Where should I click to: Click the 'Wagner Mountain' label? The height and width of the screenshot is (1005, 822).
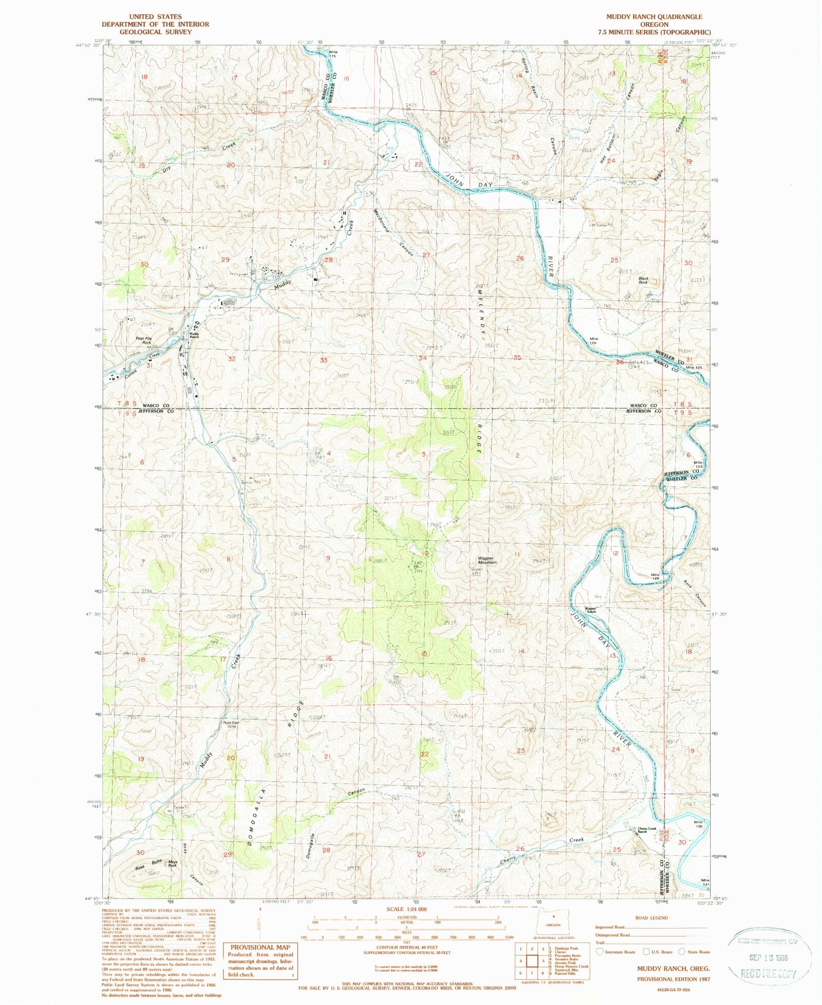coord(487,560)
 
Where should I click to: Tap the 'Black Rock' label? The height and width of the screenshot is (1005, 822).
coord(643,281)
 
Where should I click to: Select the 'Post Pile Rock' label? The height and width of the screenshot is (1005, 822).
coord(144,340)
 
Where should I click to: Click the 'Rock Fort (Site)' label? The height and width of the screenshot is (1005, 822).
coord(231,724)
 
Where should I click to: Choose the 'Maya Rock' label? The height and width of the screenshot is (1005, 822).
coord(172,864)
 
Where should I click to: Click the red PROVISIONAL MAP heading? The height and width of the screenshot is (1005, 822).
coord(260,947)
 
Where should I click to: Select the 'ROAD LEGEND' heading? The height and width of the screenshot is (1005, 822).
coord(651,918)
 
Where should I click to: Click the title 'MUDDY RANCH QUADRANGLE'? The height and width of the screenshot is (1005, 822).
coord(654,17)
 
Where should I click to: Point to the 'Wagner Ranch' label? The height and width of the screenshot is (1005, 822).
coord(590,610)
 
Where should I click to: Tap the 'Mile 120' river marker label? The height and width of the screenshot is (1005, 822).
coord(594,341)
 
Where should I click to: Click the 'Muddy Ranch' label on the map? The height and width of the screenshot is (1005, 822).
coord(194,335)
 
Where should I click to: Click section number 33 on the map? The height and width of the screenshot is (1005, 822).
coord(323,360)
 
